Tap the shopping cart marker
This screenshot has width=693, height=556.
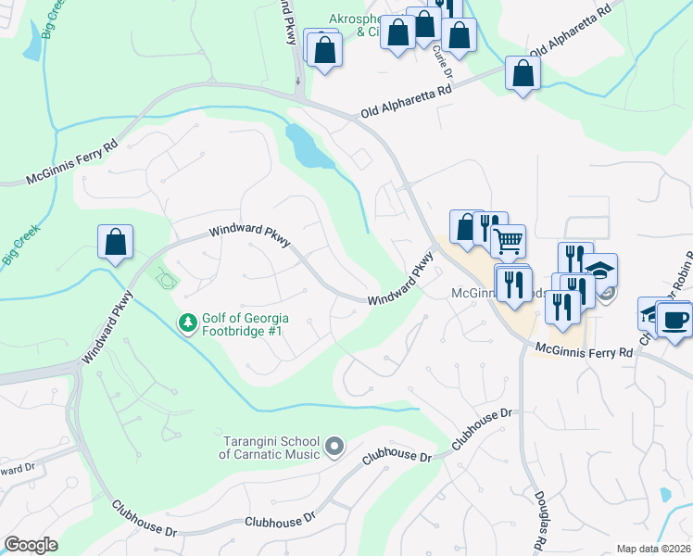pyautogui.click(x=508, y=241)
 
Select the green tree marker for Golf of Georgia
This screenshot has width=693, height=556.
pyautogui.click(x=188, y=322)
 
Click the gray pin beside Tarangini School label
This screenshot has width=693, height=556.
pyautogui.click(x=335, y=449)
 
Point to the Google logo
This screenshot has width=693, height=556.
pyautogui.click(x=31, y=545)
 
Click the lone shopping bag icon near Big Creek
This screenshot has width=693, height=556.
pyautogui.click(x=116, y=242)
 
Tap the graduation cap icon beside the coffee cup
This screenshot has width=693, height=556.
pyautogui.click(x=652, y=313)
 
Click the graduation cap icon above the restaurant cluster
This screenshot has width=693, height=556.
pyautogui.click(x=600, y=271)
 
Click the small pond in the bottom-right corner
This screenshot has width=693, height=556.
pyautogui.click(x=664, y=495)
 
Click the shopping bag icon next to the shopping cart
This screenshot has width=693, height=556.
pyautogui.click(x=465, y=226)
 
